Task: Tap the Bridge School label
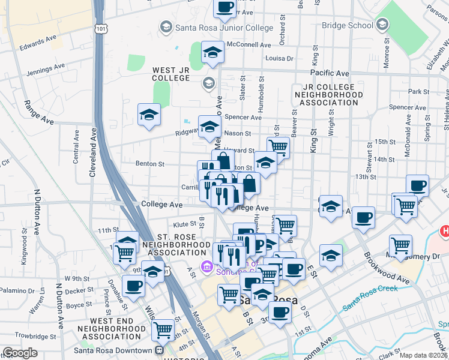click(x=346, y=25)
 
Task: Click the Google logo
click(x=20, y=353)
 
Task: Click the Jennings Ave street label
click(x=45, y=70)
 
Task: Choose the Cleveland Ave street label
click(x=93, y=153)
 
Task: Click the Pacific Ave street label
click(x=330, y=73)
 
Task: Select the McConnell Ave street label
click(x=249, y=45)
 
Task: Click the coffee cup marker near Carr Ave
click(x=224, y=7)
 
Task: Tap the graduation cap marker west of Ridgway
click(x=149, y=114)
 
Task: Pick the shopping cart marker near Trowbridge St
click(x=163, y=329)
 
